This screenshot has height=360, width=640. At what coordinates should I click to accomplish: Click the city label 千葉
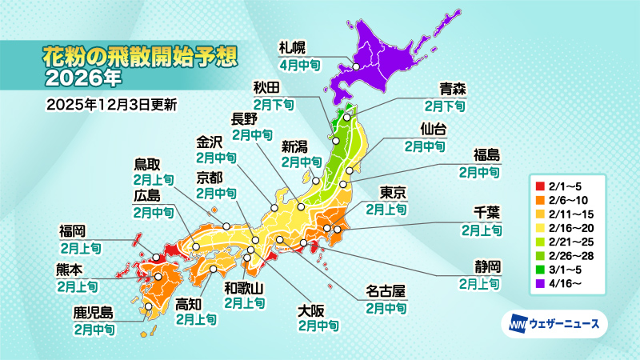487,214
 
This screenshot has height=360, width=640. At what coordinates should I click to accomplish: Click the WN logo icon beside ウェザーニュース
516,324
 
